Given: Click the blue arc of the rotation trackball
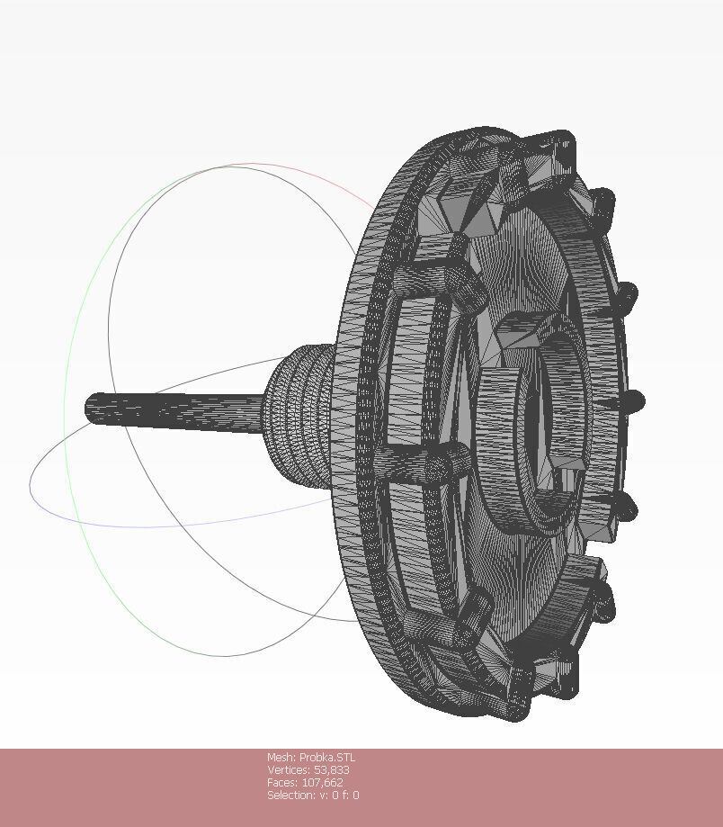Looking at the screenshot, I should pos(135,522).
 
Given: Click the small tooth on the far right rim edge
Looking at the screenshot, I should pos(635,401).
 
